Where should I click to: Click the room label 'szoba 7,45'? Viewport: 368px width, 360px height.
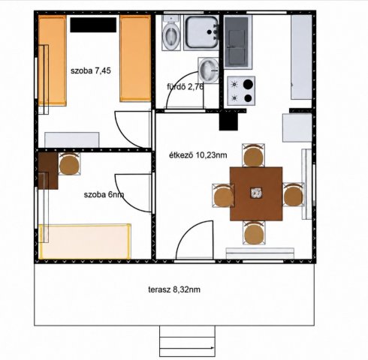coord(91,70)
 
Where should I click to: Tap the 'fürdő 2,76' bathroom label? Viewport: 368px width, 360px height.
coord(185,87)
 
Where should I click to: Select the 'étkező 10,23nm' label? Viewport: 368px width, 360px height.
coord(198,155)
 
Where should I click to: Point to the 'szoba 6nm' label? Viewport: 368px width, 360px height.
coord(104,194)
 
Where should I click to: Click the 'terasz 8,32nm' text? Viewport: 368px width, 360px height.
coord(174,289)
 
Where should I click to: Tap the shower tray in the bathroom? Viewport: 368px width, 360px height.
coord(201,32)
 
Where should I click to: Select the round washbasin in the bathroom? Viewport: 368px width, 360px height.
coord(208,70)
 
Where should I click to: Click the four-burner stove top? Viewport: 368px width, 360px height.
coord(241,91)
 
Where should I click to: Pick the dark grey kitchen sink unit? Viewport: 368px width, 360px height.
coord(237,42)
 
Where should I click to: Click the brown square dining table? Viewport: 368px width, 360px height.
coord(256,194)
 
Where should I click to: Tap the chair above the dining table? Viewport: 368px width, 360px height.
coord(253,155)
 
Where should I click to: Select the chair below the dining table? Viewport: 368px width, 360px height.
coord(254,233)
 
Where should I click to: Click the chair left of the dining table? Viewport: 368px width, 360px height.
coord(223,196)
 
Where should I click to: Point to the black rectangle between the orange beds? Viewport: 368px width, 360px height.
coord(93,25)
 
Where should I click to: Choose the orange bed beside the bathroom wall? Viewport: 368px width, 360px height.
coord(135,58)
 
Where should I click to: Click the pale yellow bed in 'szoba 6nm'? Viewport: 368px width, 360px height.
coord(85,241)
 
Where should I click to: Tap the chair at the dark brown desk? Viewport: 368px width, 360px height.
coord(69,163)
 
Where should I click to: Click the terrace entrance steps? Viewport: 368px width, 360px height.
coord(187,341)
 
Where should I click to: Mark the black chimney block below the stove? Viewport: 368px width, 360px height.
coord(228,120)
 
